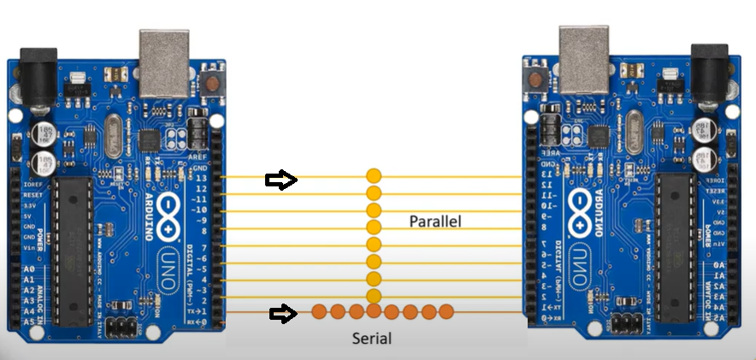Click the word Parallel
coord(434,221)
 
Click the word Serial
coord(372,338)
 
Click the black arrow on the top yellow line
coord(281,180)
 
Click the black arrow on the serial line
coord(283,314)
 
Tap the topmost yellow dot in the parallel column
coord(374,176)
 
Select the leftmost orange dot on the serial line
coord(318,311)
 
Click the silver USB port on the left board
coord(164,63)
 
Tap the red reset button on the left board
coord(210,84)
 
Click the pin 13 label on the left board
coord(203,178)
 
